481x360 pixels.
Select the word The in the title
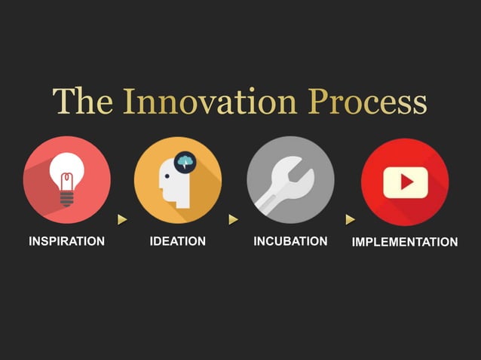pos(82,102)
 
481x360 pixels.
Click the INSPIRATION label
pos(66,242)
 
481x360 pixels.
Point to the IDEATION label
pos(178,241)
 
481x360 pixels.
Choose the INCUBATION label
pos(290,241)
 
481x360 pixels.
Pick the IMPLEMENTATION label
pos(405,242)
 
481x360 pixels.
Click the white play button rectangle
pos(405,182)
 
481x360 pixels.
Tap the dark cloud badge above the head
pos(185,162)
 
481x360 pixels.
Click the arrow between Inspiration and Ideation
pos(122,219)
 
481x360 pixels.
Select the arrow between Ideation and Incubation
pos(234,219)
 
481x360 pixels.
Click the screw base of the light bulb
pos(67,197)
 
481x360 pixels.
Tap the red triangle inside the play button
pos(406,182)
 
